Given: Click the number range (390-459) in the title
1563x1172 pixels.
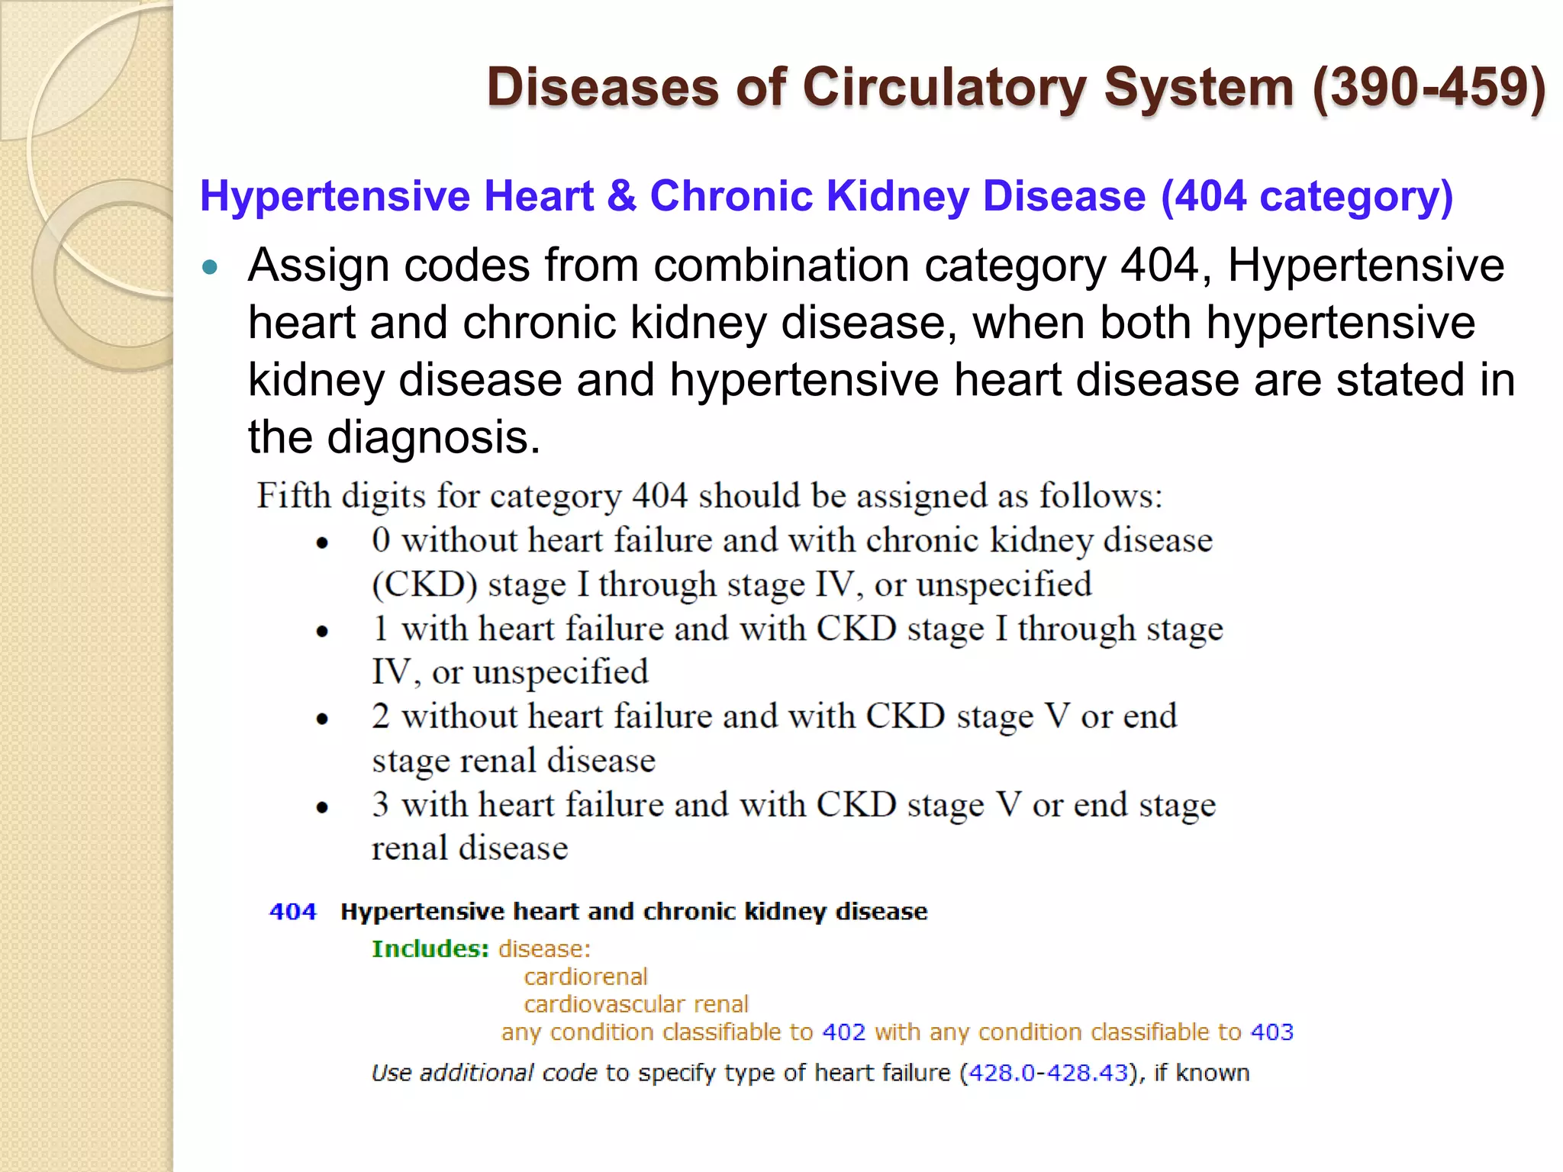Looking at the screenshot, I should pos(1429,88).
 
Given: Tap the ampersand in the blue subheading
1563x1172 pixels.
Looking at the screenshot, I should pos(622,196).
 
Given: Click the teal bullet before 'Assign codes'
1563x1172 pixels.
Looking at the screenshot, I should pos(210,268).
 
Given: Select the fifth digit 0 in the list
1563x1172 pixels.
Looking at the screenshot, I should pos(381,540).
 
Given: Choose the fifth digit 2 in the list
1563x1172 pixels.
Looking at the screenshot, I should pos(381,716).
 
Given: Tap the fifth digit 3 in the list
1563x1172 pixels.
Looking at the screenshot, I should pos(381,804).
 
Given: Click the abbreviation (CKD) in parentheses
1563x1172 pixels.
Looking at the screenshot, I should pos(424,584).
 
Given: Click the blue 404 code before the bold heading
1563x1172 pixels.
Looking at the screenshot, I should pos(293,912).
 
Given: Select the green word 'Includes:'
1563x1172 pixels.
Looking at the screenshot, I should pos(430,949).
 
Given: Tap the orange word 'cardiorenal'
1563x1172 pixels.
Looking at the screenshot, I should pos(585,977).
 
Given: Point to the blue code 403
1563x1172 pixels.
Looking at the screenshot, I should pos(1272,1032).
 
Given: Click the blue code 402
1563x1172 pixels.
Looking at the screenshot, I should pos(843,1032).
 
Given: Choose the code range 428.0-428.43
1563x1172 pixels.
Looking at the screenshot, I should pos(1048,1073).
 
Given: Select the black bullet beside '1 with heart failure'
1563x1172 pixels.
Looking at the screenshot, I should pos(322,631).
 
